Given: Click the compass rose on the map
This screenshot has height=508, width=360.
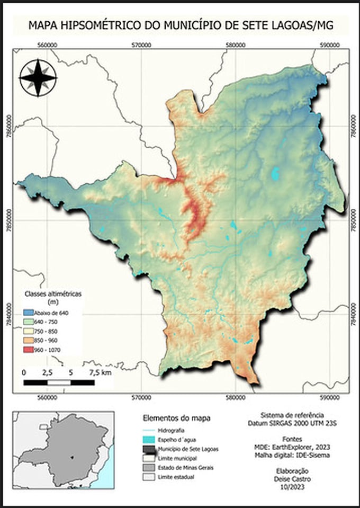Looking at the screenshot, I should tap(38, 78).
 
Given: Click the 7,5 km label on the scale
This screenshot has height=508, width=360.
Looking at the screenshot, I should tap(100, 373).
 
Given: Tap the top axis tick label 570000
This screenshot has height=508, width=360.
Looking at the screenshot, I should tap(141, 45).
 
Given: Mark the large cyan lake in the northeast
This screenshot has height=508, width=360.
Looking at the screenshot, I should tap(275, 173).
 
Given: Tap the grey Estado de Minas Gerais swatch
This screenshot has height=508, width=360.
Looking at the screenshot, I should tap(151, 468).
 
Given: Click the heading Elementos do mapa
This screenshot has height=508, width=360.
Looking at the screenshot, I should tap(176, 418).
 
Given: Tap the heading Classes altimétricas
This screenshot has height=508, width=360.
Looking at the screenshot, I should tap(50, 293).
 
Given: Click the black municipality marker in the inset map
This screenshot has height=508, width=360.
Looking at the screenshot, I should tap(73, 456).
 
